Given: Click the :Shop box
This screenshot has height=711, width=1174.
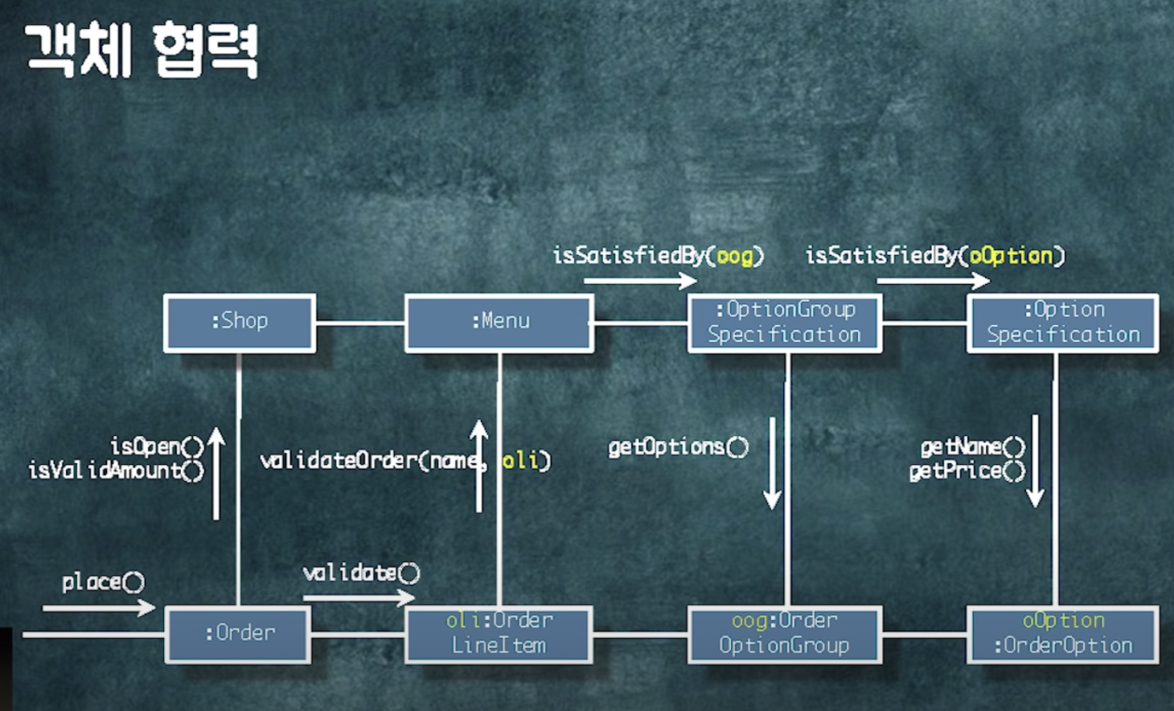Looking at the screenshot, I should [x=240, y=323].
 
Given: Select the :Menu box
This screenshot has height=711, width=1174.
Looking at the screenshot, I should [x=499, y=323].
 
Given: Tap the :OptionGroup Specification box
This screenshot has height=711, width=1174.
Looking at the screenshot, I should [x=785, y=323].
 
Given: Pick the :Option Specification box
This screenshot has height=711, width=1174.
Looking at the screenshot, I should [x=1063, y=323].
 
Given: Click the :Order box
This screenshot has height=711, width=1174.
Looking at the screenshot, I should [x=239, y=634].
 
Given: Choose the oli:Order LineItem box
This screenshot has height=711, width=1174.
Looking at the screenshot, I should [x=499, y=634].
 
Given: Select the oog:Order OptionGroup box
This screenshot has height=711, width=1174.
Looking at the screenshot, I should [x=785, y=634].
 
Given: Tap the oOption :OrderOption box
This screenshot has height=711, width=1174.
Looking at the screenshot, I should [x=1063, y=634].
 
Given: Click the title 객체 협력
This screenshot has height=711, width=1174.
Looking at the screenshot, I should [x=142, y=50].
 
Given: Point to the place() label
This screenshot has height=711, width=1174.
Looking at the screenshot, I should [x=103, y=582].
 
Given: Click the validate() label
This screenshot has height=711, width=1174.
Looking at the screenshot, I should [x=361, y=573].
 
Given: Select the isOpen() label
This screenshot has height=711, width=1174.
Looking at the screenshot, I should [x=158, y=446].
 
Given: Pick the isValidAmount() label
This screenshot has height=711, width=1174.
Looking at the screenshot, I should [x=117, y=470].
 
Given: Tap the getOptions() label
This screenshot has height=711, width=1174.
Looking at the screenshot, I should [x=678, y=446].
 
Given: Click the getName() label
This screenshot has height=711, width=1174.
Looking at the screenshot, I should [x=973, y=446].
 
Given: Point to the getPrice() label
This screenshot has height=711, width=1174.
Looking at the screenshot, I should [x=967, y=471].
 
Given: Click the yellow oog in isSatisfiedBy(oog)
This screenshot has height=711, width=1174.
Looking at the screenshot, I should [x=734, y=256].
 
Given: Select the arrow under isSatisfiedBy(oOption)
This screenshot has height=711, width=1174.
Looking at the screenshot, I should [x=933, y=281].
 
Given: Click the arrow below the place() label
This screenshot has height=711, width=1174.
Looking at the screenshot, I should [x=98, y=608].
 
